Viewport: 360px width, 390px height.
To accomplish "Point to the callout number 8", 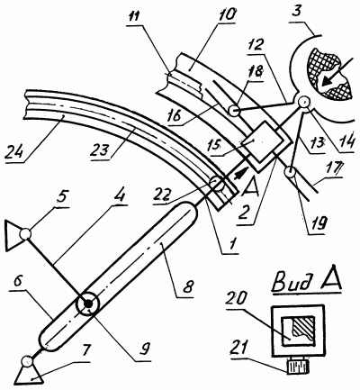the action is pyautogui.click(x=187, y=286).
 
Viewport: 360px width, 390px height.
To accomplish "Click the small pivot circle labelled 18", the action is pyautogui.click(x=233, y=112).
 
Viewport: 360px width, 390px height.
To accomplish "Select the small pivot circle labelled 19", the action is pyautogui.click(x=291, y=173).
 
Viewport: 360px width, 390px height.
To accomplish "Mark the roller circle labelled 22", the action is pyautogui.click(x=217, y=183).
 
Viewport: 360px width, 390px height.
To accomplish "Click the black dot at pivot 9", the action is pyautogui.click(x=88, y=304).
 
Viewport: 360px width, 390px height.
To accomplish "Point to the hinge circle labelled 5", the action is pyautogui.click(x=25, y=233).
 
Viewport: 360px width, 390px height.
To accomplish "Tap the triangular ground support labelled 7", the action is pyautogui.click(x=28, y=374).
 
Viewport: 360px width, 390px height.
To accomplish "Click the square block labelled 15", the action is pyautogui.click(x=262, y=141).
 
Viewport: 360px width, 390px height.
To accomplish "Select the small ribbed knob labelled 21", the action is pyautogui.click(x=299, y=367).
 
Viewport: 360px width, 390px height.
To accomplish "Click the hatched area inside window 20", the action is pyautogui.click(x=304, y=327).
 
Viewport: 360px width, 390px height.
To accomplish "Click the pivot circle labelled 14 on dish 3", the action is pyautogui.click(x=303, y=102).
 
